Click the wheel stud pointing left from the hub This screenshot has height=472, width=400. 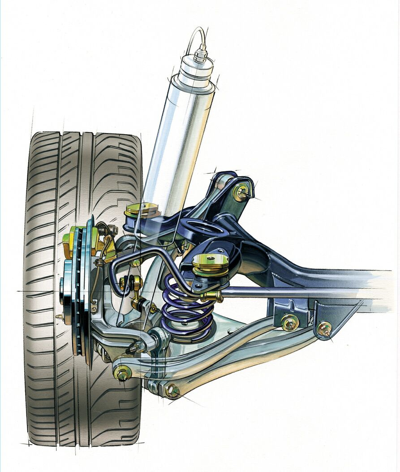(x=59, y=317)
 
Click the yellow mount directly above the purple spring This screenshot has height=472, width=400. (x=210, y=263)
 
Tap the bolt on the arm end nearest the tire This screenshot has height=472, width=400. (x=122, y=372)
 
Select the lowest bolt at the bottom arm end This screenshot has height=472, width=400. (x=172, y=391)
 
